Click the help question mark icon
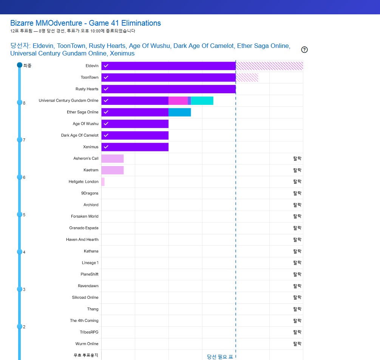304,50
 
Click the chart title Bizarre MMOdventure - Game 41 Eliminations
85,23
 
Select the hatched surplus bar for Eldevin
269,66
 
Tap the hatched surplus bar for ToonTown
247,77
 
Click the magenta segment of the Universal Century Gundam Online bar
178,101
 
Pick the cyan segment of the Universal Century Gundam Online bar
202,101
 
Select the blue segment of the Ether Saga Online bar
179,112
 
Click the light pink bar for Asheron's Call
112,158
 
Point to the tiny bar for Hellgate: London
103,182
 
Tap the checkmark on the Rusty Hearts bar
106,89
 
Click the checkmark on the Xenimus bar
106,147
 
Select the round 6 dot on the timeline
20,177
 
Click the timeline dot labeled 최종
20,65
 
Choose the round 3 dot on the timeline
20,289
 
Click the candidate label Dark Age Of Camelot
80,135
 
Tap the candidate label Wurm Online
87,344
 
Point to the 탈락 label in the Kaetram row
297,170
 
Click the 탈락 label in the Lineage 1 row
297,263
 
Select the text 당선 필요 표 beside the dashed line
220,357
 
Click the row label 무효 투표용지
86,355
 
